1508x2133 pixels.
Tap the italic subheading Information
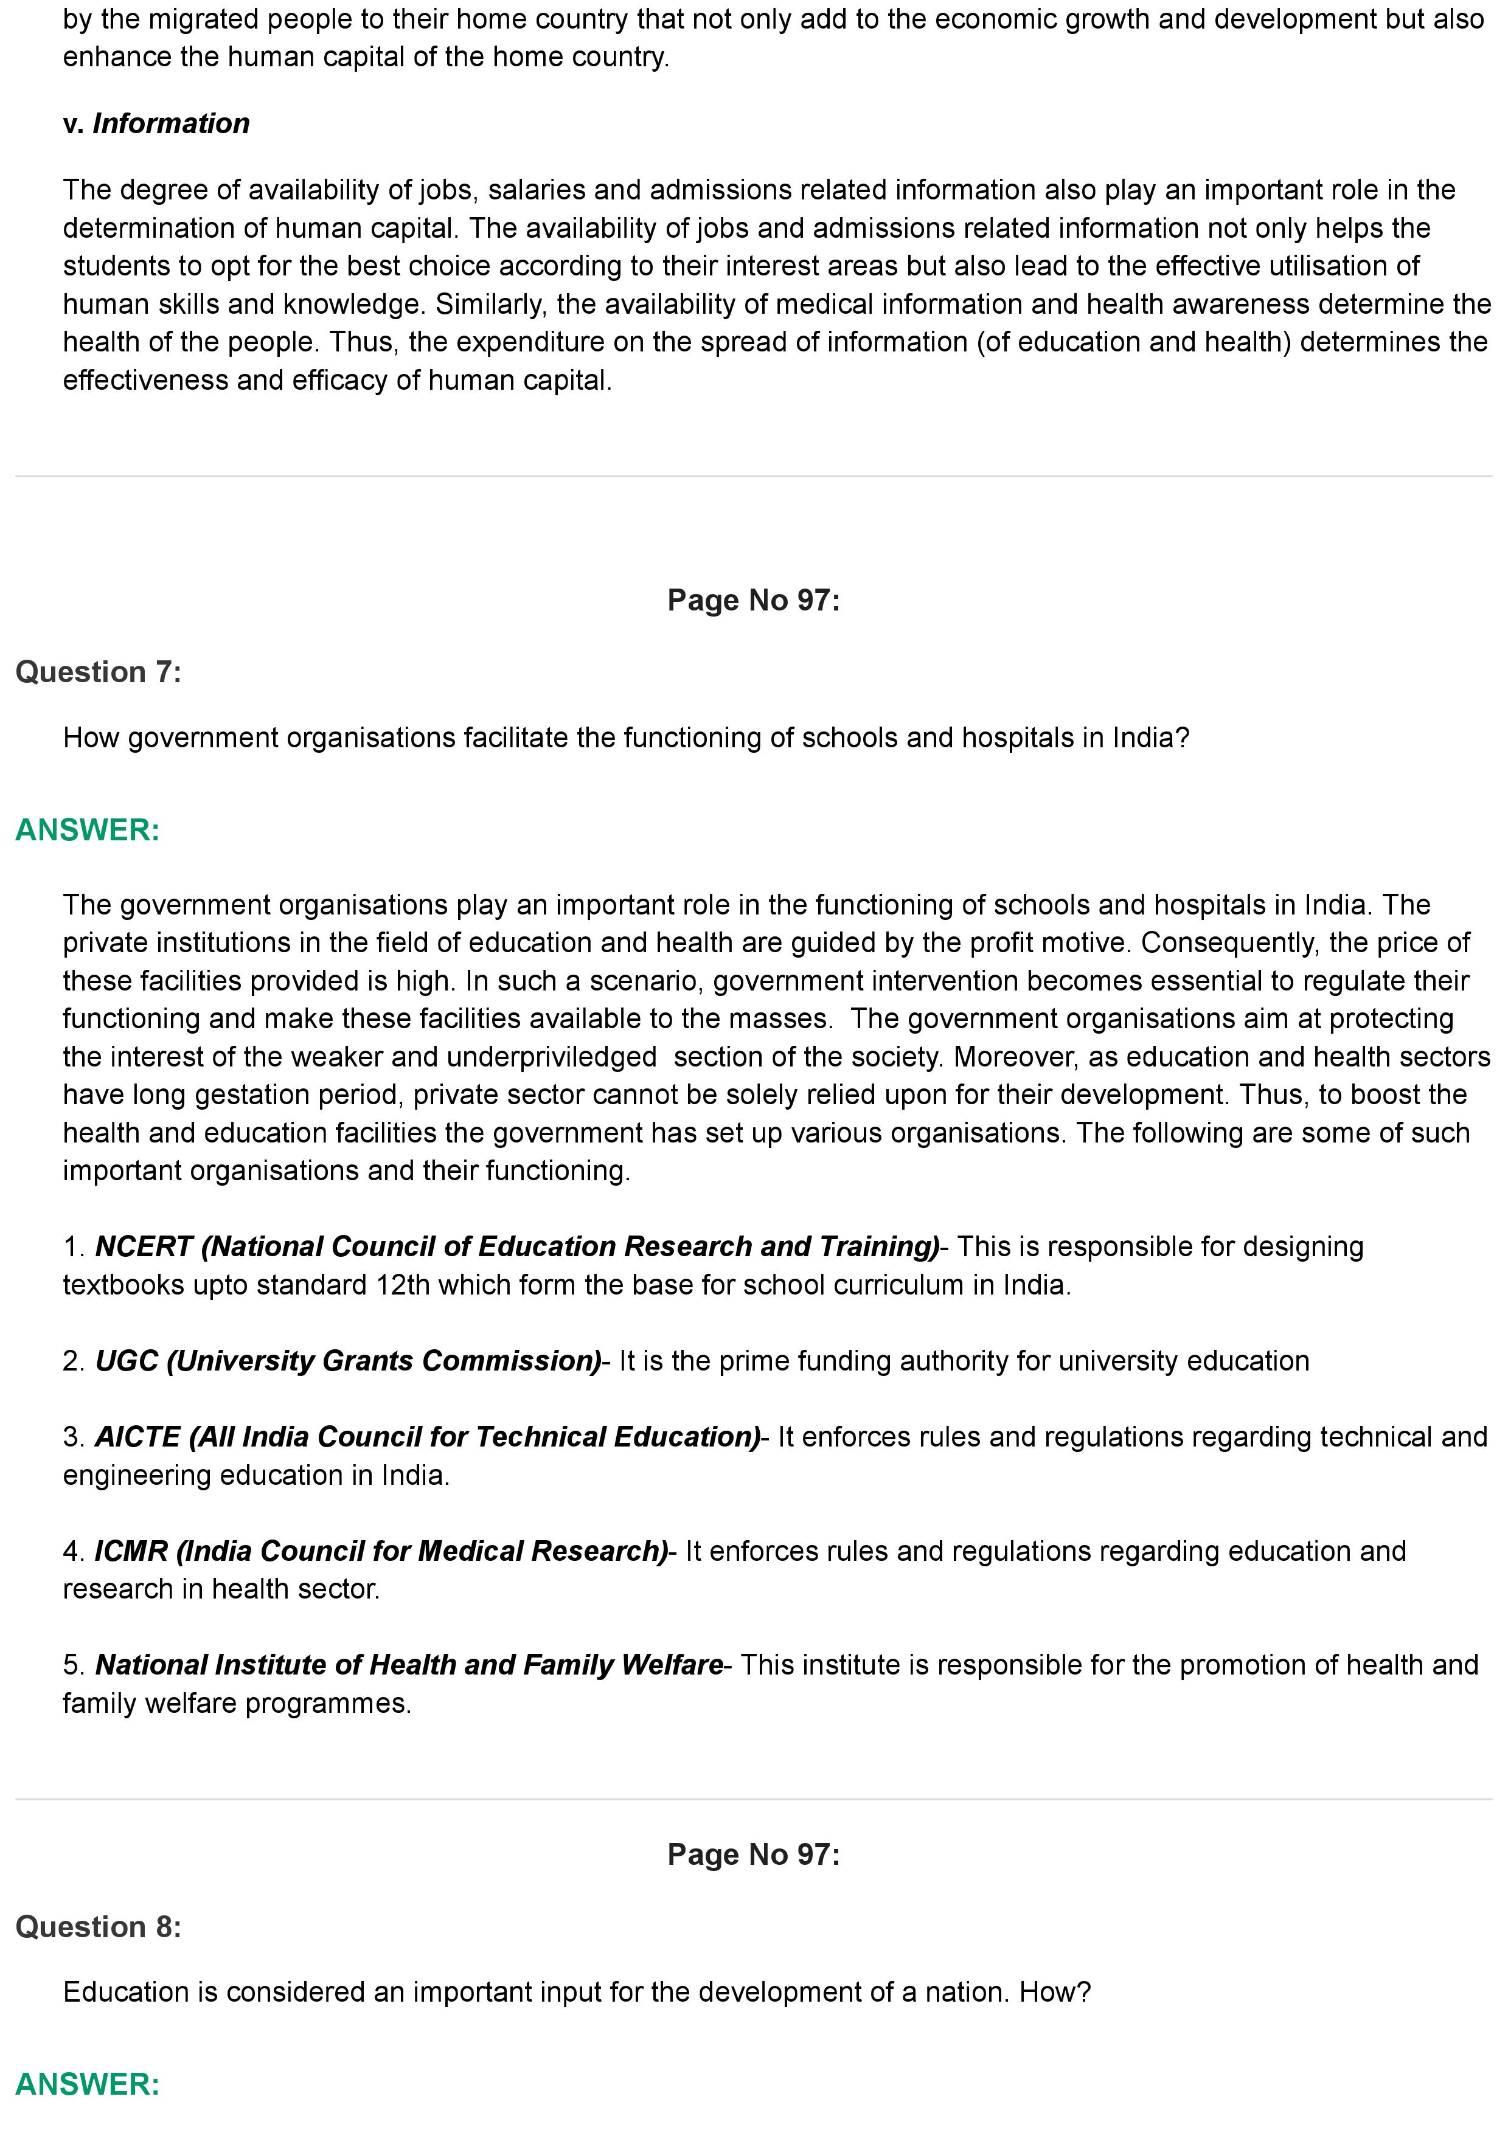pyautogui.click(x=171, y=123)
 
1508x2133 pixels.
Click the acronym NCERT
pyautogui.click(x=143, y=1246)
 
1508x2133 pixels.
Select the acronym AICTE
pyautogui.click(x=137, y=1437)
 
